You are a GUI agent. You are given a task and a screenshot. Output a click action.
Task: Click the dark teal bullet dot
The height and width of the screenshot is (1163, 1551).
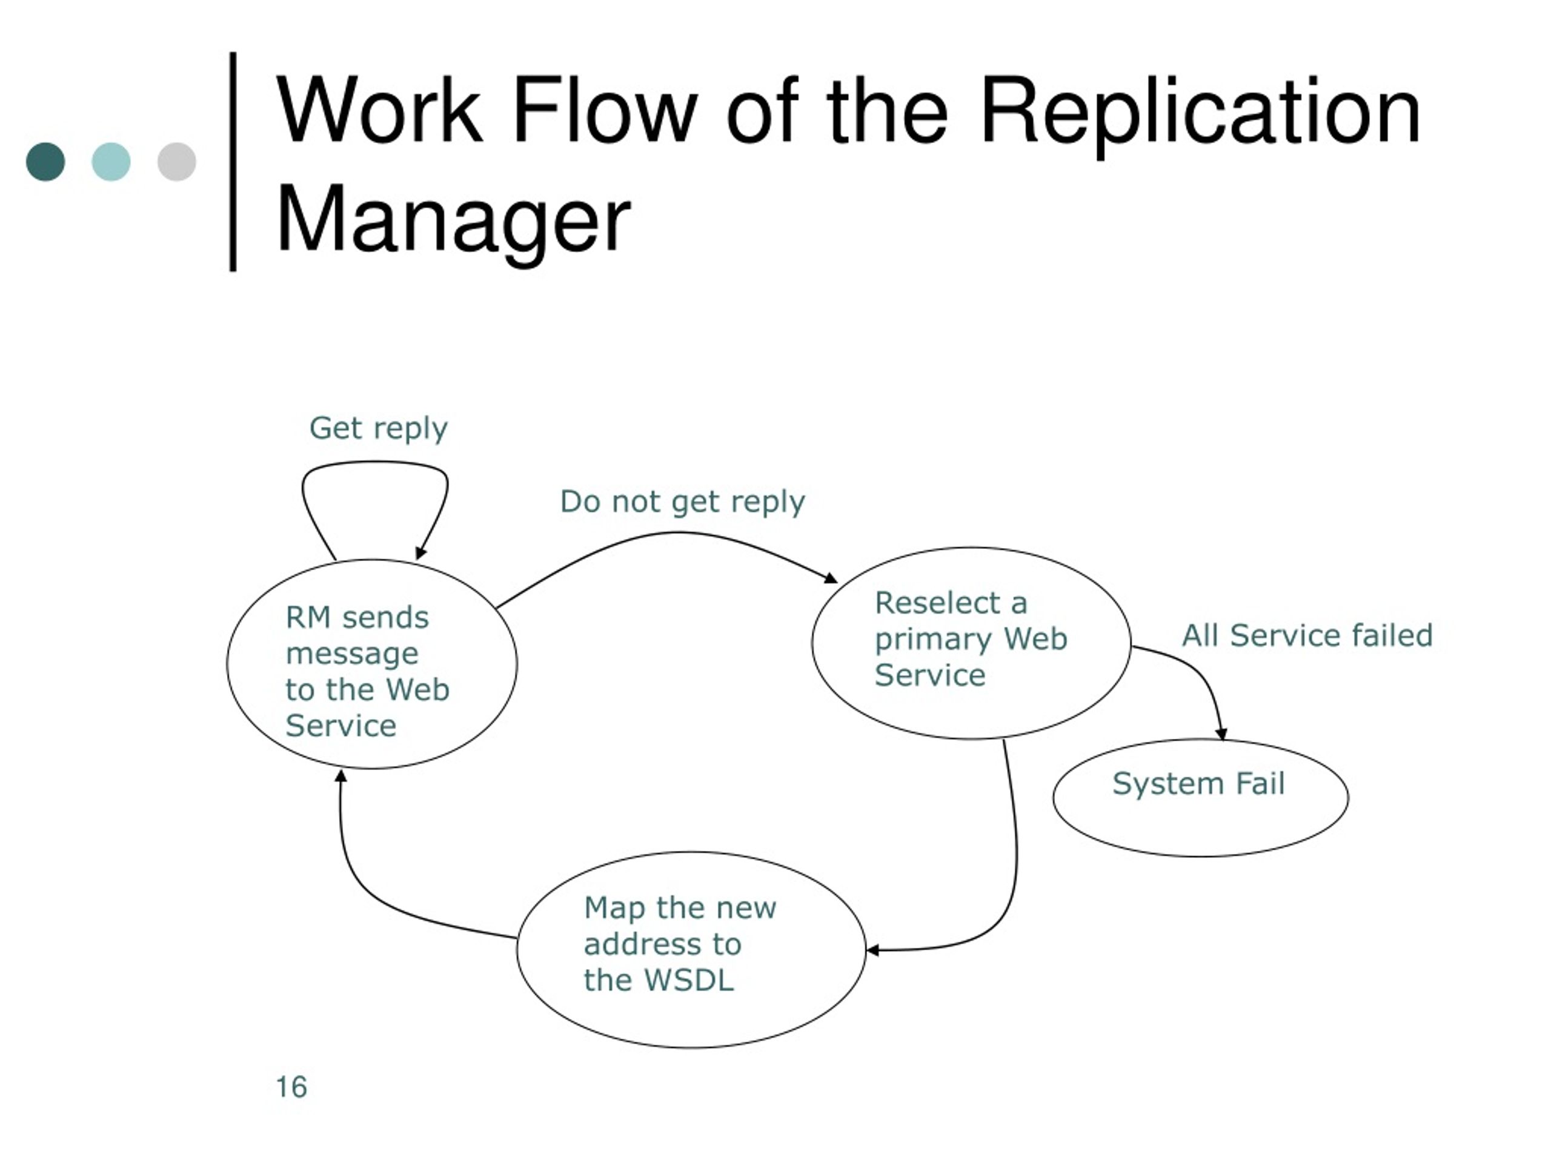click(x=45, y=162)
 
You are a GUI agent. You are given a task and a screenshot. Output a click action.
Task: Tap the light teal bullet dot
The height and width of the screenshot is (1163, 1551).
click(x=111, y=162)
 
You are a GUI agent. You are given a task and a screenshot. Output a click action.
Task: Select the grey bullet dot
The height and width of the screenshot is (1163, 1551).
click(x=177, y=162)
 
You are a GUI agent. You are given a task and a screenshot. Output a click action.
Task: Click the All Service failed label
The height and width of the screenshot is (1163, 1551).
click(x=1307, y=635)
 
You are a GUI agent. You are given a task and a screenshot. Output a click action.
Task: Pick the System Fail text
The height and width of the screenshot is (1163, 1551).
click(x=1199, y=783)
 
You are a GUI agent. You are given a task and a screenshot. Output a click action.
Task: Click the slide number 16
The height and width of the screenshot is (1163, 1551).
click(x=291, y=1087)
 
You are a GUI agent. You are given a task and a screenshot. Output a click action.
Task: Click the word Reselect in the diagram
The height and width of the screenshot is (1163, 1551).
click(x=938, y=603)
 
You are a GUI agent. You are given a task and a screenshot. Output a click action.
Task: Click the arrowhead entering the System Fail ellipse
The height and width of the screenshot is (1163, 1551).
click(x=1221, y=734)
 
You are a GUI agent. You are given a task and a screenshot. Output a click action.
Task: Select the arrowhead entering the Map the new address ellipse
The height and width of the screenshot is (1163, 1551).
click(x=872, y=950)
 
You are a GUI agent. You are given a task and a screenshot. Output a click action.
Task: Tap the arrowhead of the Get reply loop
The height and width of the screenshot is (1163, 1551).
click(x=420, y=553)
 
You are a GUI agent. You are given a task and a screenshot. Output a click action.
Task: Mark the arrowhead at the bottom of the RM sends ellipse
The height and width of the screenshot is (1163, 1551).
click(x=340, y=775)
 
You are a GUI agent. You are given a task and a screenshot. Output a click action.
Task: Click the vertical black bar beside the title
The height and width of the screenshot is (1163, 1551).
click(x=233, y=161)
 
